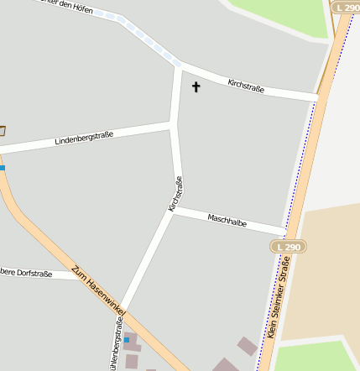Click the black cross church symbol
(x=196, y=86)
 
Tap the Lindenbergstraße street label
(x=84, y=138)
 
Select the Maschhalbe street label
(x=227, y=222)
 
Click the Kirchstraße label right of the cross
(x=246, y=86)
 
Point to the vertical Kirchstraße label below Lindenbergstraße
(x=175, y=193)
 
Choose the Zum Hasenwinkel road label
(x=98, y=291)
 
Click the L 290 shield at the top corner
(x=345, y=7)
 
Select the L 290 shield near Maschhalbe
(x=288, y=246)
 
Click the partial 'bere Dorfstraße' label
(x=26, y=273)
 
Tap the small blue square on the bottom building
(x=127, y=339)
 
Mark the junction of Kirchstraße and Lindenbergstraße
(x=174, y=125)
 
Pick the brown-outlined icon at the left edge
(x=2, y=130)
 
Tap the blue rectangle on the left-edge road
(x=3, y=168)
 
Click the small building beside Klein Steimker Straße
(x=247, y=346)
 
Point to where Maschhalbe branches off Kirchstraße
(x=173, y=210)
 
